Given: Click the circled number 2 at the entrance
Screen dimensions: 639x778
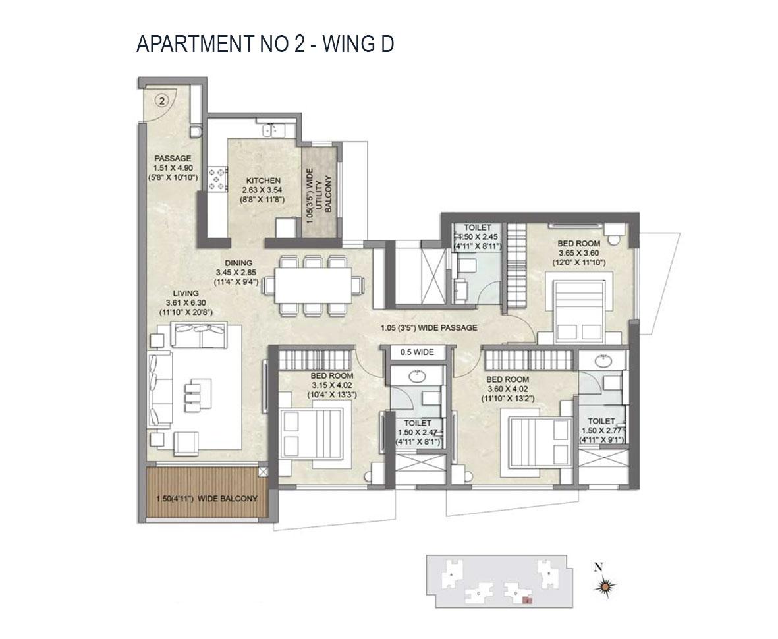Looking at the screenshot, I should [163, 101].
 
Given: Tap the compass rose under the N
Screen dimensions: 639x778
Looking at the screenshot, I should [607, 585].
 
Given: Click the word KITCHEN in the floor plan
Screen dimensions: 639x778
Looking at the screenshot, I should [264, 181].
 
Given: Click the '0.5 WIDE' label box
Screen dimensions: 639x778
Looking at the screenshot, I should [417, 352].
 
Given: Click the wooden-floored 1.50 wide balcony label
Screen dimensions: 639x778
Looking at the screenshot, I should [207, 499].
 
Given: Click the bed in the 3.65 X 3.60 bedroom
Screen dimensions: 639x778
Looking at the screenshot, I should [577, 304].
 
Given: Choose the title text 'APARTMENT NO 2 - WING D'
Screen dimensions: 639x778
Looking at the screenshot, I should [265, 44].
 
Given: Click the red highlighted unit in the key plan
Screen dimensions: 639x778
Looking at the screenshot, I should [526, 600].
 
